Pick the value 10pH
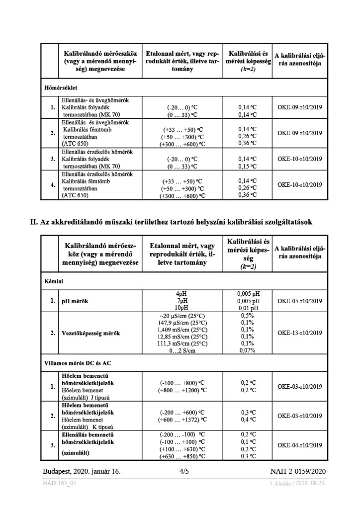[x=181, y=308]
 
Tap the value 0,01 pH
[x=248, y=308]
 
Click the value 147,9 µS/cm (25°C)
[x=181, y=322]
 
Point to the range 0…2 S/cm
[x=181, y=350]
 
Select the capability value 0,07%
[x=248, y=350]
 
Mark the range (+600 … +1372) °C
[x=182, y=420]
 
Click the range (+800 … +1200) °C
[x=182, y=391]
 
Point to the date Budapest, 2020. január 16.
[x=81, y=470]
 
